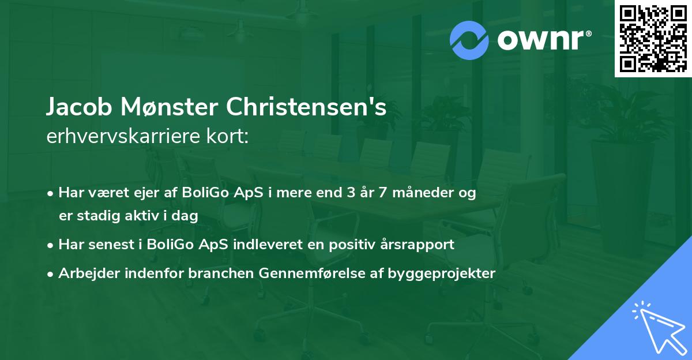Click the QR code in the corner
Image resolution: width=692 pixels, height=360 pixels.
(x=653, y=38)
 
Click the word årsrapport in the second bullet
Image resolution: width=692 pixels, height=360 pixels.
(x=420, y=245)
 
